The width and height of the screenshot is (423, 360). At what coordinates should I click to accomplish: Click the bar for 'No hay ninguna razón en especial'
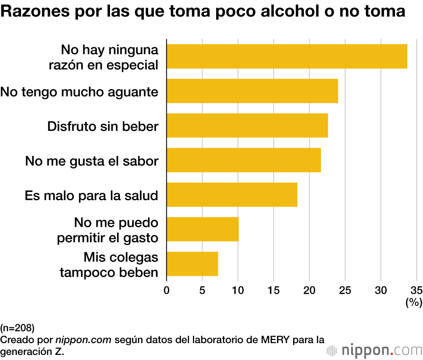pyautogui.click(x=287, y=56)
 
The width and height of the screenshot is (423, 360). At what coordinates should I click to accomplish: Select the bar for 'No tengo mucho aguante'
pyautogui.click(x=252, y=91)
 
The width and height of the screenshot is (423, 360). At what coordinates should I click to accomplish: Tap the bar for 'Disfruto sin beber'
pyautogui.click(x=247, y=125)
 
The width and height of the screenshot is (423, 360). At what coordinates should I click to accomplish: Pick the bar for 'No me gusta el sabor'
pyautogui.click(x=244, y=160)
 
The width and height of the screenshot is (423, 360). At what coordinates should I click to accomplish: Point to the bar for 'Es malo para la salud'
pyautogui.click(x=232, y=195)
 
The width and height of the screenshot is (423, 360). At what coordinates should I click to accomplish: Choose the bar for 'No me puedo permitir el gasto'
pyautogui.click(x=203, y=229)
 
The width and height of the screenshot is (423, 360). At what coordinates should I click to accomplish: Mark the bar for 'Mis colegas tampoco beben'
pyautogui.click(x=192, y=264)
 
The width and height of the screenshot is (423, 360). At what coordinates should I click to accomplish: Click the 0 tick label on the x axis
pyautogui.click(x=167, y=290)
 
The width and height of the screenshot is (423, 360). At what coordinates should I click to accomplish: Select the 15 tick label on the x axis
pyautogui.click(x=274, y=290)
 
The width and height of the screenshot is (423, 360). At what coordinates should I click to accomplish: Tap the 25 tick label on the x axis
pyautogui.click(x=345, y=290)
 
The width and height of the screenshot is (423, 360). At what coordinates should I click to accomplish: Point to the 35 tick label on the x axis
pyautogui.click(x=417, y=290)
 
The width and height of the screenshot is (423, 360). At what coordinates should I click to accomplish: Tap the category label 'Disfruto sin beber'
pyautogui.click(x=103, y=126)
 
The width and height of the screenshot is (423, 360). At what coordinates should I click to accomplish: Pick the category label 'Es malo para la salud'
pyautogui.click(x=91, y=195)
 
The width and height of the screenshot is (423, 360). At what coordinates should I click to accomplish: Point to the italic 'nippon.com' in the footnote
pyautogui.click(x=83, y=339)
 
